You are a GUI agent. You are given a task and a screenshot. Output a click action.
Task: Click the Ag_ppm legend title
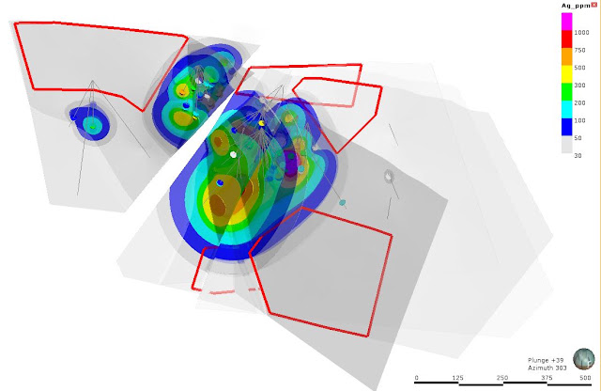click(576, 6)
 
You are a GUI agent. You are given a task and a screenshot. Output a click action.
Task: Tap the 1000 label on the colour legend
click(581, 33)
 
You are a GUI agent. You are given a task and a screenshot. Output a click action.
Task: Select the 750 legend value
click(579, 50)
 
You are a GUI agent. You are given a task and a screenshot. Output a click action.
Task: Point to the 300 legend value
click(579, 86)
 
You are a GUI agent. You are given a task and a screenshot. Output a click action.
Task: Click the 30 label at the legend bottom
click(578, 155)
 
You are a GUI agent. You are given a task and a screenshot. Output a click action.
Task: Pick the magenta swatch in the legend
click(567, 22)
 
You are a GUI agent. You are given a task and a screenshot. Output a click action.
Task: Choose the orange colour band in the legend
click(567, 56)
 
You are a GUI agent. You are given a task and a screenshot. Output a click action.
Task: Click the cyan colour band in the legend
click(567, 109)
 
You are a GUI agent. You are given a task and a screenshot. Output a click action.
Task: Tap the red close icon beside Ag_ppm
click(594, 5)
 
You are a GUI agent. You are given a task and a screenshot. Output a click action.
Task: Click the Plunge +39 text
click(546, 360)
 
